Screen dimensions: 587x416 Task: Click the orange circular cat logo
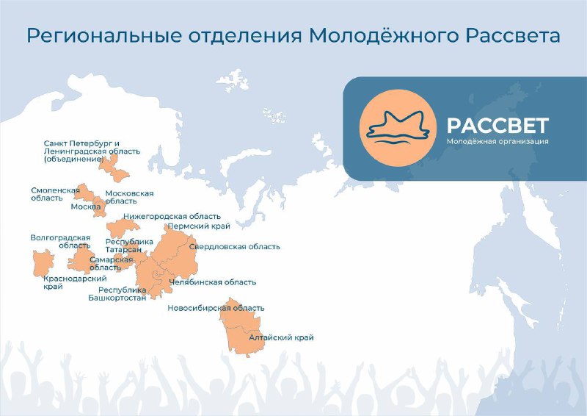coord(398,128)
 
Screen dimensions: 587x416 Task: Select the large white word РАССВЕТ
coord(498,126)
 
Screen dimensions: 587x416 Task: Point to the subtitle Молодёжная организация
coord(497,141)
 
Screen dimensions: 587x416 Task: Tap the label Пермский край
coord(199,226)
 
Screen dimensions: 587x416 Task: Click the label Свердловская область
coord(235,247)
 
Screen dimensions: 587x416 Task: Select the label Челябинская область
coord(213,282)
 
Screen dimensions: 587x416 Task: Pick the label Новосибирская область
coord(216,309)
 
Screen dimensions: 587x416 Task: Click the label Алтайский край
coord(282,337)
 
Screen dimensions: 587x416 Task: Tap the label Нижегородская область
coord(172,216)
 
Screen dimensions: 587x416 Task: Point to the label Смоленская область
coord(55,194)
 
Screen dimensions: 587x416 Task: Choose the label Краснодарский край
coord(75,282)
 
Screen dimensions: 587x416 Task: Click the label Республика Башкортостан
coord(117,294)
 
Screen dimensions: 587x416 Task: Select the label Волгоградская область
coord(61,242)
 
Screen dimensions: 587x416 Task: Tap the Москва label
coord(86,207)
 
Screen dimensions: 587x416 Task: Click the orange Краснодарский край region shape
coord(43,262)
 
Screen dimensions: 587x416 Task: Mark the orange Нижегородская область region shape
coord(123,228)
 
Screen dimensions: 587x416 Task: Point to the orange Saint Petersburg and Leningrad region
coord(114,169)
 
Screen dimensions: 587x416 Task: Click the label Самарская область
coord(112,263)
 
